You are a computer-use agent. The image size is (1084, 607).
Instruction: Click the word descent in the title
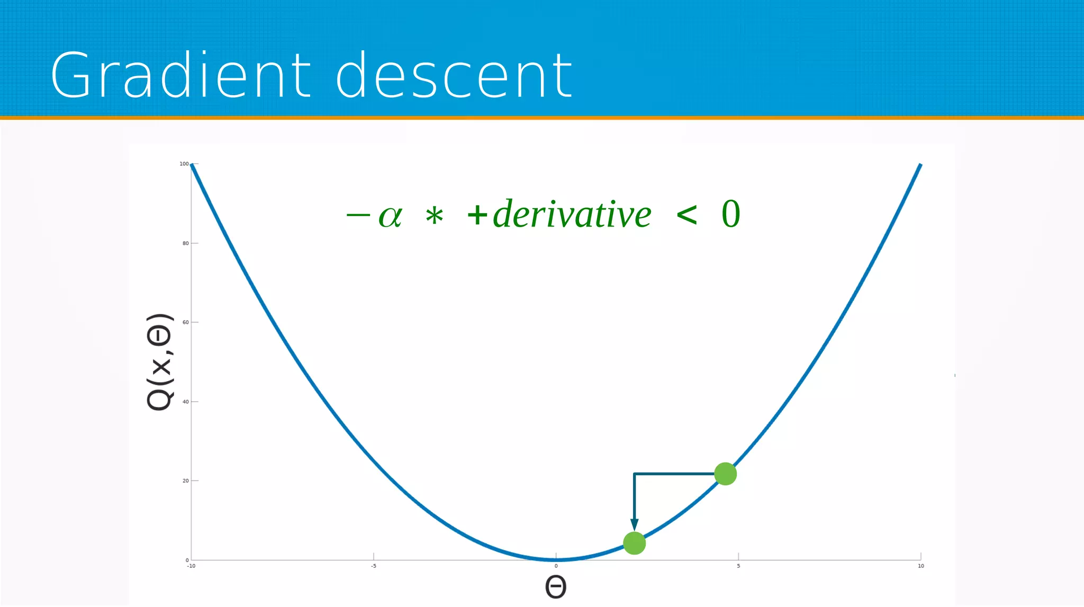[x=454, y=75]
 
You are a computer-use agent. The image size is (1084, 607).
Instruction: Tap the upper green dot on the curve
[x=725, y=474]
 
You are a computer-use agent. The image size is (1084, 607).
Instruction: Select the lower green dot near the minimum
[x=634, y=543]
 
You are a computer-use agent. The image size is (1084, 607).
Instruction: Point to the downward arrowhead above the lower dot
[x=634, y=524]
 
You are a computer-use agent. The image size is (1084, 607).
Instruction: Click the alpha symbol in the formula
[x=391, y=216]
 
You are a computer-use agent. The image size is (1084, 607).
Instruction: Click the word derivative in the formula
[x=572, y=214]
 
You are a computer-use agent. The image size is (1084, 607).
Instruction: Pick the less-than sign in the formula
[x=686, y=215]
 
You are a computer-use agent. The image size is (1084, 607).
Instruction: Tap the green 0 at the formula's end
[x=731, y=214]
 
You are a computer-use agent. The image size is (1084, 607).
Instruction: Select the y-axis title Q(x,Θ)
[x=159, y=362]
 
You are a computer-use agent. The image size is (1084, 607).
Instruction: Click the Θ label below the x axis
[x=556, y=587]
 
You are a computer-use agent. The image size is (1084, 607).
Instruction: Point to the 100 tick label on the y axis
[x=184, y=164]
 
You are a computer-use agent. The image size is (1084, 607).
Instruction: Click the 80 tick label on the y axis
[x=185, y=243]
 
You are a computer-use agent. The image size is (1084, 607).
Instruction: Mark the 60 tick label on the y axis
[x=185, y=322]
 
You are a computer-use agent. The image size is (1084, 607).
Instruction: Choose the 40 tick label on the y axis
[x=185, y=402]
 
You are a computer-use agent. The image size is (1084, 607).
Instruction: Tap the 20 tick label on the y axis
[x=185, y=481]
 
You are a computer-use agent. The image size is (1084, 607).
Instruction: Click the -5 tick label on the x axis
[x=373, y=566]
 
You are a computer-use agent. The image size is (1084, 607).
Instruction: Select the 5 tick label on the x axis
[x=738, y=566]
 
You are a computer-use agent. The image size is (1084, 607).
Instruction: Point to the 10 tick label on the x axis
[x=920, y=566]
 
